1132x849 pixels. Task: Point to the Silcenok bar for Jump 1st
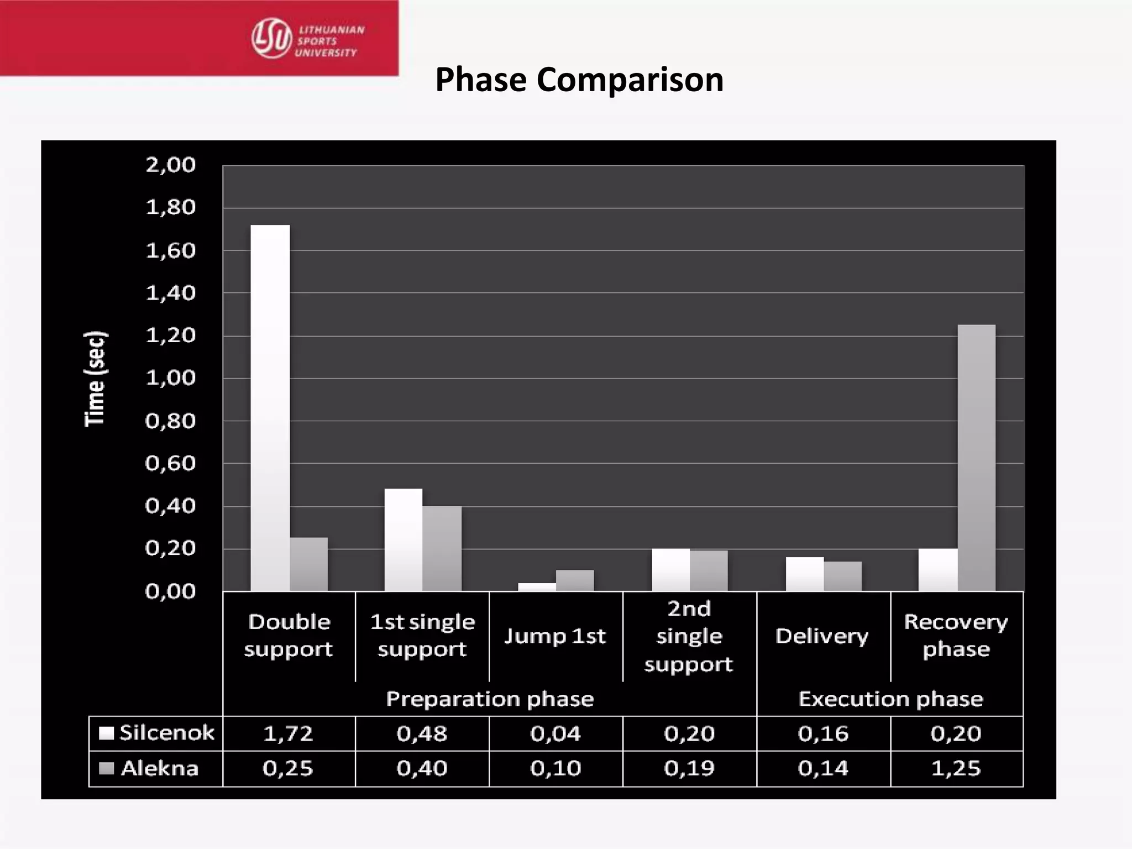537,587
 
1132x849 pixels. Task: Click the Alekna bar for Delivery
842,576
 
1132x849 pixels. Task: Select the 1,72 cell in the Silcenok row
288,733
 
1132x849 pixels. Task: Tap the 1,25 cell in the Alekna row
956,768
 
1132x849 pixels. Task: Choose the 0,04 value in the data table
555,733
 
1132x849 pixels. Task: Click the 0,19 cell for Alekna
689,768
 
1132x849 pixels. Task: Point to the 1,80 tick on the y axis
170,208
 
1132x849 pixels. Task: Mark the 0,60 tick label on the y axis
170,464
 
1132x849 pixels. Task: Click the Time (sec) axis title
95,379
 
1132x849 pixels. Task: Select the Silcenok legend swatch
106,733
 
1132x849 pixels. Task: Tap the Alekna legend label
159,768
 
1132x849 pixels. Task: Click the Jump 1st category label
555,636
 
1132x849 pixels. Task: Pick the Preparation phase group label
490,699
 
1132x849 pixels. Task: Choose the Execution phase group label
890,699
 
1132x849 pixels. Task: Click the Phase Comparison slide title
579,80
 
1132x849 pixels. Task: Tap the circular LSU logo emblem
271,38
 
